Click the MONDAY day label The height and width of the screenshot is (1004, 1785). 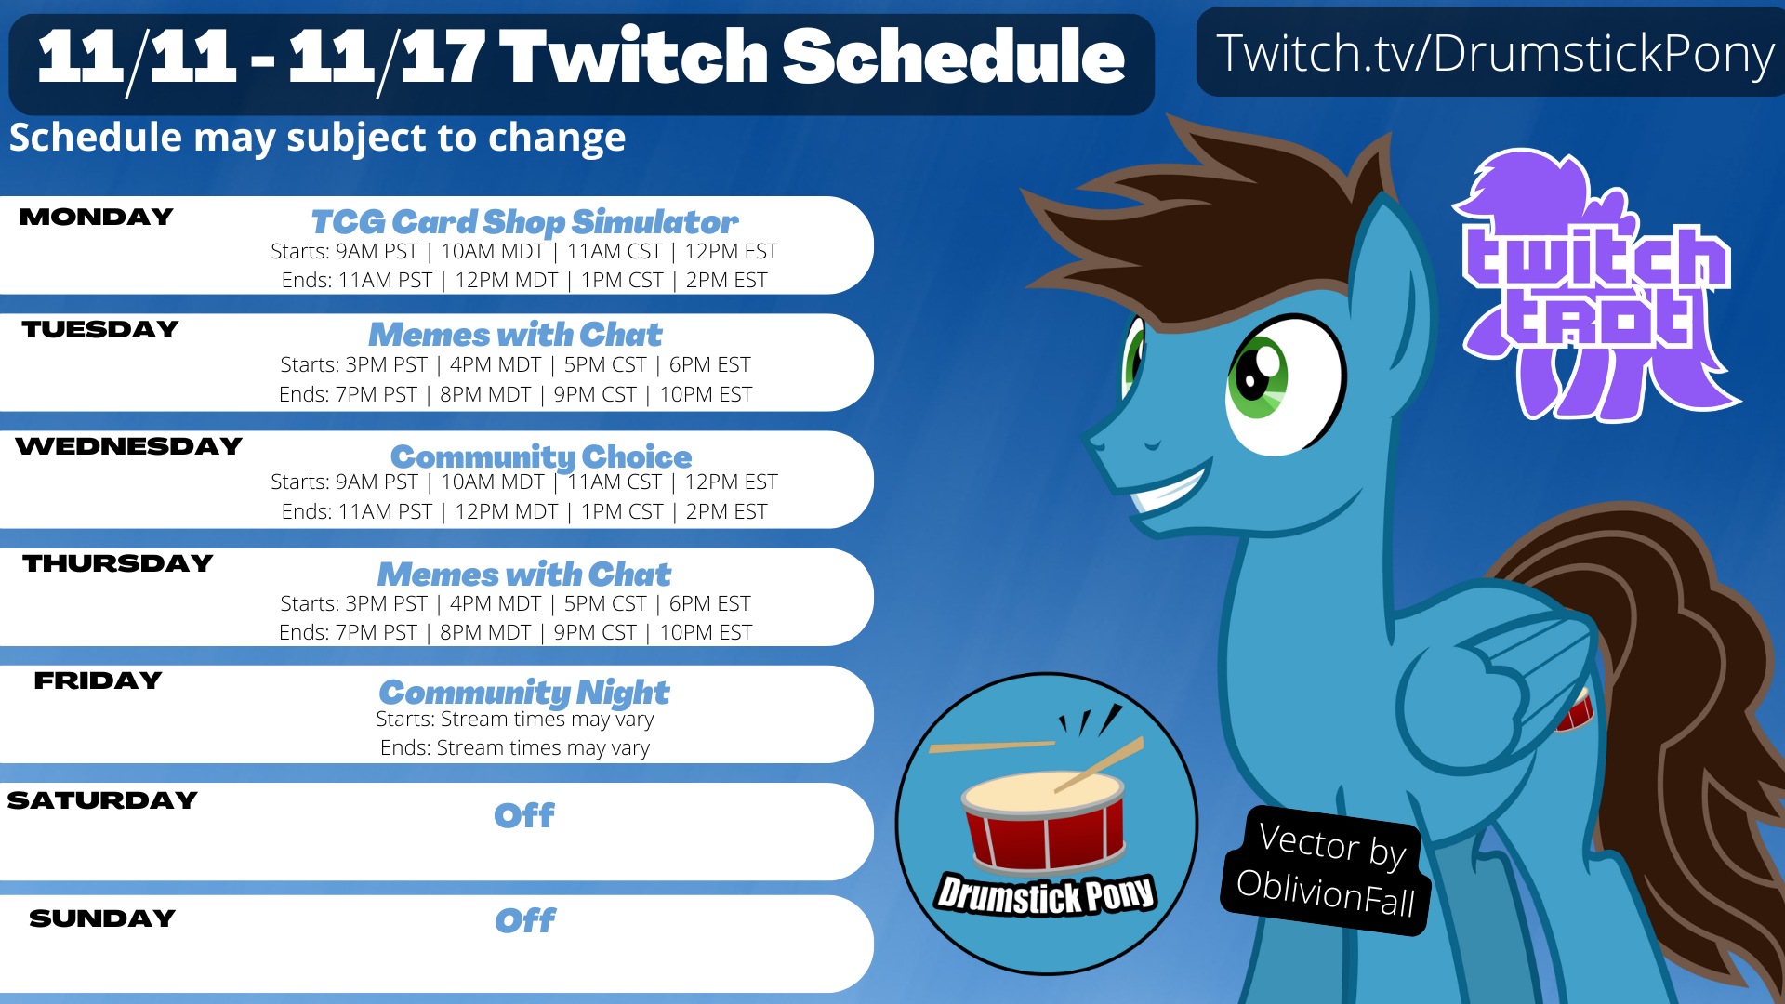97,218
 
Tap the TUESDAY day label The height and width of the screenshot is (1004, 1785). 100,330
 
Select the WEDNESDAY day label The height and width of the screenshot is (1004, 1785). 129,447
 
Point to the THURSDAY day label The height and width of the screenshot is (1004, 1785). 118,564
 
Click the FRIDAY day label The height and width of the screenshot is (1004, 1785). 98,681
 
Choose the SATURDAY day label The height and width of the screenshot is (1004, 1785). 102,800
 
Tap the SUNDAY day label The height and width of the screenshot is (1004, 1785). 102,918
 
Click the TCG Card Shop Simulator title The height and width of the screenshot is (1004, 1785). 524,222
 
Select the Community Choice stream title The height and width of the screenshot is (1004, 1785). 541,457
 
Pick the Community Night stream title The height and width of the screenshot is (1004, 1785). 524,693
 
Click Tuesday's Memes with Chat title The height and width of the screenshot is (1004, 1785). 515,335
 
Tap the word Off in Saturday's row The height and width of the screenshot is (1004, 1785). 524,816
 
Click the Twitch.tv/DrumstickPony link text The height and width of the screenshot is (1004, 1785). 1495,53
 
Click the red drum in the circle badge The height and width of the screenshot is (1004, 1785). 1044,821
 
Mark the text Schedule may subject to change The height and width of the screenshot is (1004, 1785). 317,139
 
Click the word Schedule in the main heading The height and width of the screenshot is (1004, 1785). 953,56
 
